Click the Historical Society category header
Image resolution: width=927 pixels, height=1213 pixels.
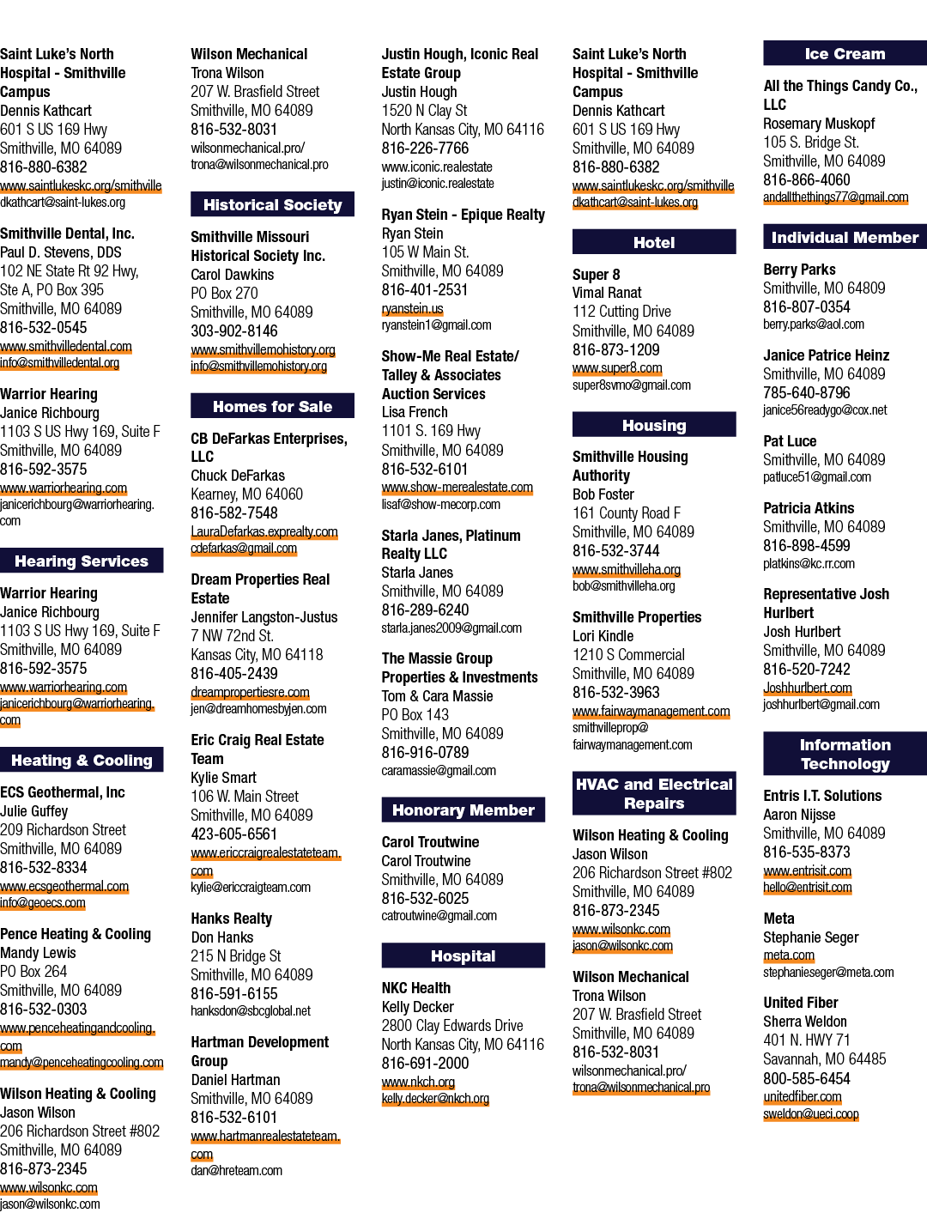coord(272,204)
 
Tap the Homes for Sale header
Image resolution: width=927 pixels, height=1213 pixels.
coord(272,406)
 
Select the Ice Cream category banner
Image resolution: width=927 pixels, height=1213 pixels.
coord(845,53)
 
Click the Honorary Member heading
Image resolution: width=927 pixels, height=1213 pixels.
coord(463,810)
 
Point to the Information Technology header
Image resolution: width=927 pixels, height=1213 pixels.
coord(845,754)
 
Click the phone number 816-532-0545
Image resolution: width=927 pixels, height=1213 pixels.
coord(44,328)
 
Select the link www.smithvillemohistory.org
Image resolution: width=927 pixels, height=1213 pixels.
coord(263,349)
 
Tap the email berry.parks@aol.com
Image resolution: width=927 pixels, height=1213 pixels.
coord(813,324)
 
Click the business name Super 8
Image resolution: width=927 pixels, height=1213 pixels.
coord(596,274)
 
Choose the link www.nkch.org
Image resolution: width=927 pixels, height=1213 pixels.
coord(418,1082)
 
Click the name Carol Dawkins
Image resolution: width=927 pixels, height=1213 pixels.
coord(232,275)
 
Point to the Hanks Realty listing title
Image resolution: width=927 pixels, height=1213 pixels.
coord(232,919)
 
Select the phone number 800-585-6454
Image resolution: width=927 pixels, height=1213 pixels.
coord(807,1078)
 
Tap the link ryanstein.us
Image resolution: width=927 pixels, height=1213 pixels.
coord(412,308)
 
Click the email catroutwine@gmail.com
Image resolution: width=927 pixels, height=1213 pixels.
coord(439,916)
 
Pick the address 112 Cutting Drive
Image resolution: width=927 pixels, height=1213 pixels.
coord(621,312)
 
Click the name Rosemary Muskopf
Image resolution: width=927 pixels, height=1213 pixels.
coord(819,124)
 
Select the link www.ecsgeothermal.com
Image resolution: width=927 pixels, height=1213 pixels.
coord(64,887)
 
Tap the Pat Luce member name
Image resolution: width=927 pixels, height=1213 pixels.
coord(790,441)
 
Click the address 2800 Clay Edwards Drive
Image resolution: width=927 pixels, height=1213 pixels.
coord(451,1026)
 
